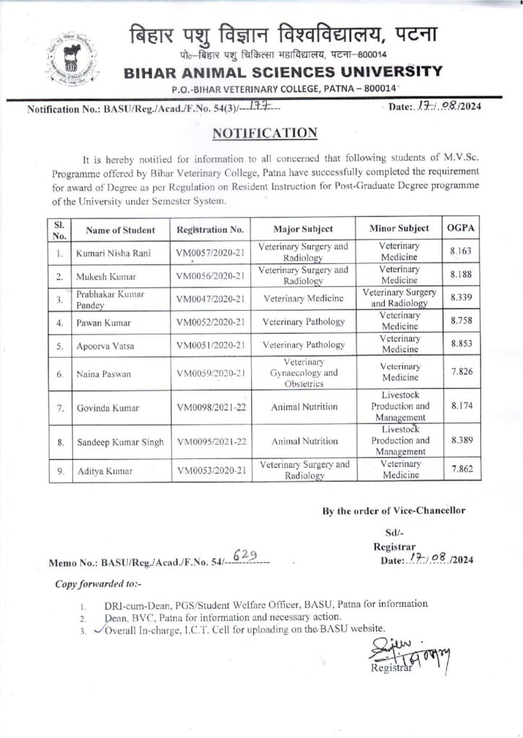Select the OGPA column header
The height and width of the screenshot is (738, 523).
[x=460, y=228]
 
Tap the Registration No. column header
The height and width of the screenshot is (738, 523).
[x=210, y=230]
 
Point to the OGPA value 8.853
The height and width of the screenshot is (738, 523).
[x=461, y=343]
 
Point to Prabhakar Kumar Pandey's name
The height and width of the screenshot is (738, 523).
[x=106, y=300]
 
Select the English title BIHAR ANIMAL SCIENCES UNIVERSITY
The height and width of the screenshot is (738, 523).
[x=282, y=71]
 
